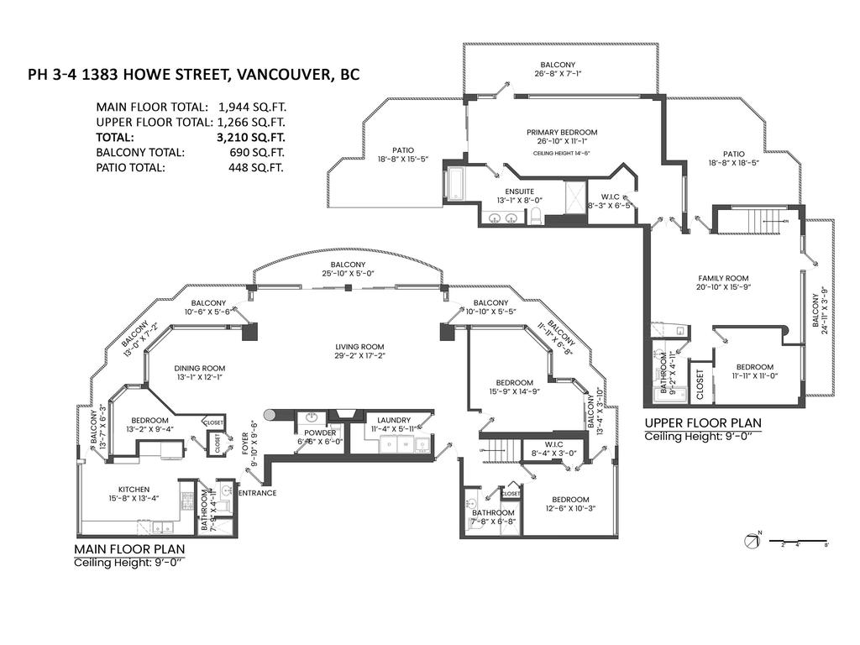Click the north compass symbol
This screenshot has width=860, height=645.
(x=752, y=542)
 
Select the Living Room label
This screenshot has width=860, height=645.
(x=359, y=346)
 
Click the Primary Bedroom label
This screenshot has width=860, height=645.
(x=562, y=133)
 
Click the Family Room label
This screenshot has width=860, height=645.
(x=723, y=278)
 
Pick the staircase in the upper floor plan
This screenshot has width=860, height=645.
(x=763, y=223)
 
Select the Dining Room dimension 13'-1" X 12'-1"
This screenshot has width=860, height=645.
(x=199, y=378)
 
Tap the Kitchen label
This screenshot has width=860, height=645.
(x=134, y=489)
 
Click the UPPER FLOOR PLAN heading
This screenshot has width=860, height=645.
(x=703, y=422)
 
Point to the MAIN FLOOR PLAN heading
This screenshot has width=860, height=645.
(x=128, y=548)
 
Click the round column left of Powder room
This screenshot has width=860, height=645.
(x=270, y=414)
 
